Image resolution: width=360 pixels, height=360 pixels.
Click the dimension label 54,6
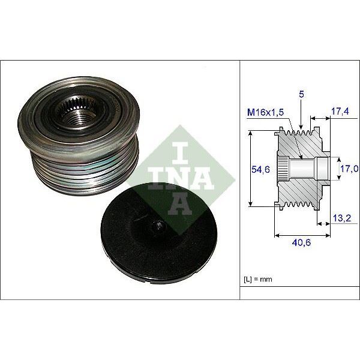point(259,170)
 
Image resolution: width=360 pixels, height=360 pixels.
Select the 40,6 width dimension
point(301,244)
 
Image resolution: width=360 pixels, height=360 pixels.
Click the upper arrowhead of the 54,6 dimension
point(250,133)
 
